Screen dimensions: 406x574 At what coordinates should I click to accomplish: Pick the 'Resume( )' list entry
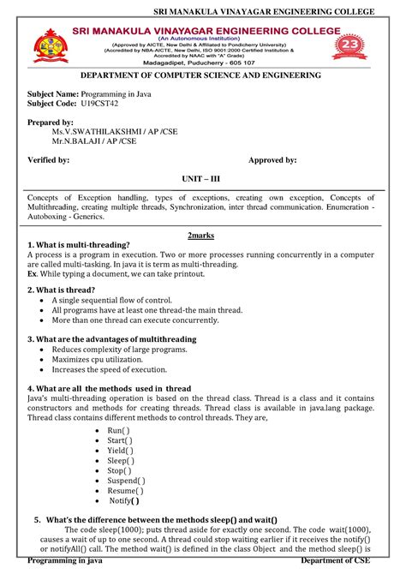[x=125, y=491]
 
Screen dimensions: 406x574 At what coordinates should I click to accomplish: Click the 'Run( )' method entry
[x=119, y=429]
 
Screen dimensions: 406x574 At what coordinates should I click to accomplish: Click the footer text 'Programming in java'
[x=65, y=560]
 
